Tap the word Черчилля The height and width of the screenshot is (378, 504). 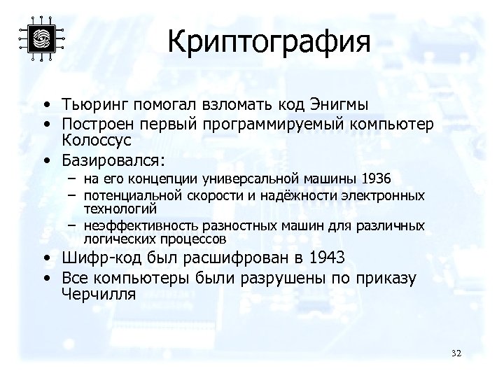98,294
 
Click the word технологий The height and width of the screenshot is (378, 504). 120,209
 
